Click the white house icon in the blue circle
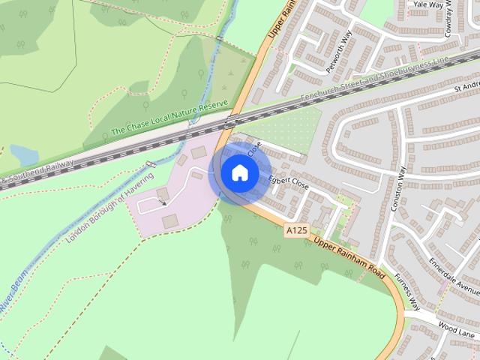[x=240, y=172]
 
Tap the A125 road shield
[x=296, y=233]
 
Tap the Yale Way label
[x=429, y=4]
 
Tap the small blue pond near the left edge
[x=24, y=155]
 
